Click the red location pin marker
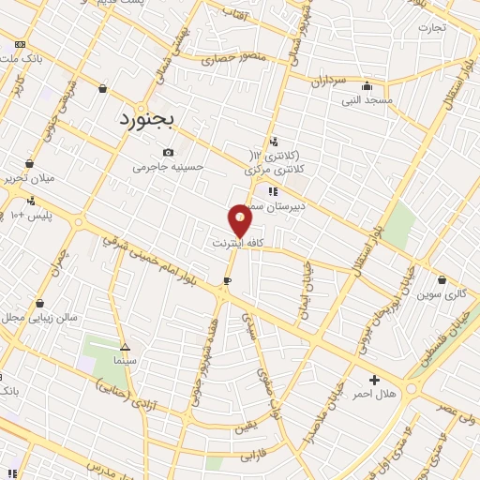[x=241, y=220]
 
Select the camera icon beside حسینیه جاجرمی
[x=168, y=153]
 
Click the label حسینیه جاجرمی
[x=168, y=167]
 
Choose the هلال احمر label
[x=375, y=395]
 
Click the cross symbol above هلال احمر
[x=375, y=381]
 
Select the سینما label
[x=127, y=360]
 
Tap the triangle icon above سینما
[x=126, y=346]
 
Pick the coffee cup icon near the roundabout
[x=227, y=280]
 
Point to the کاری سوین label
[x=442, y=293]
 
